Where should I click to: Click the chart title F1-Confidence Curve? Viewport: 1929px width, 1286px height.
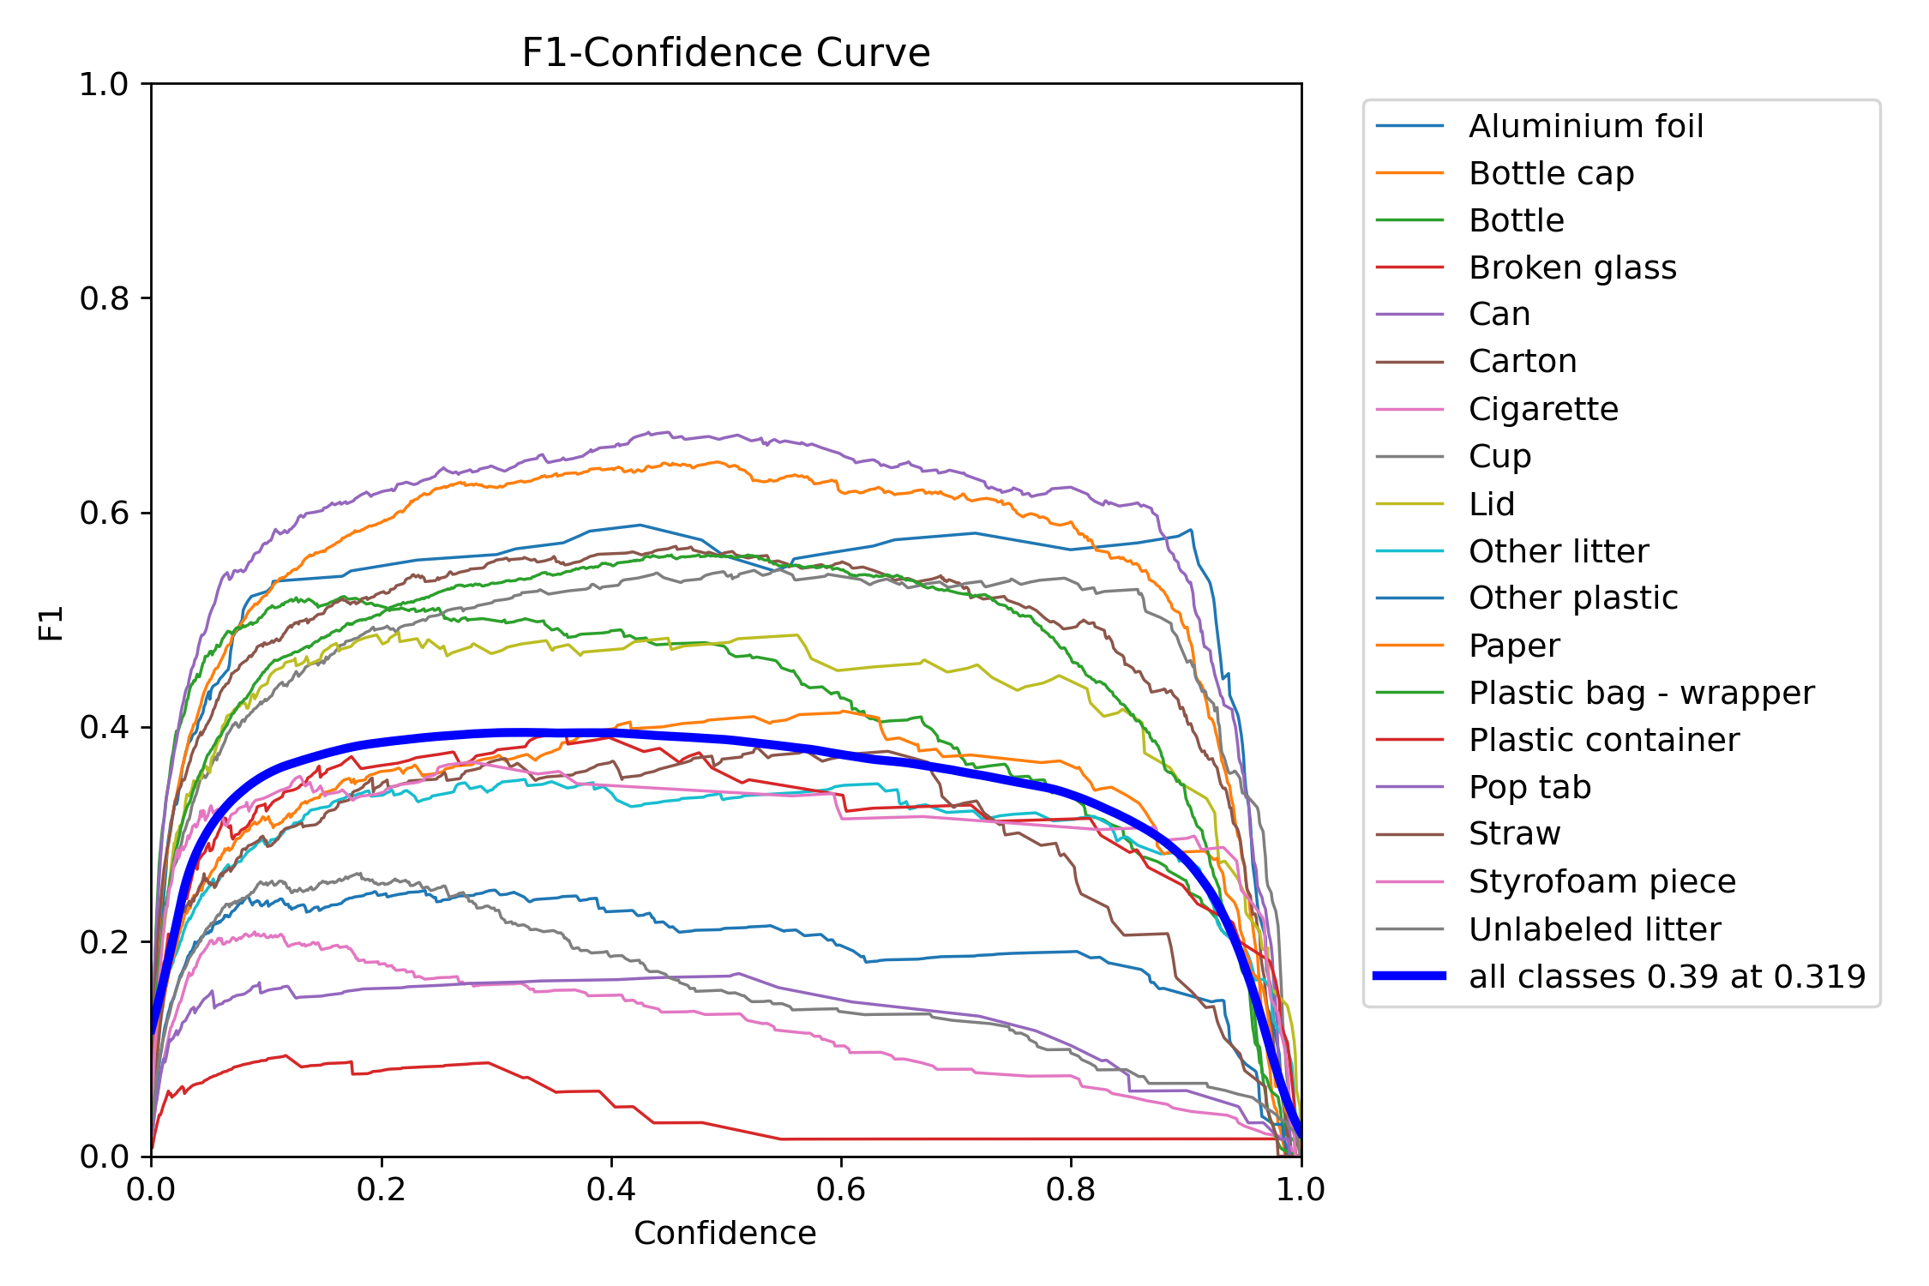(x=725, y=53)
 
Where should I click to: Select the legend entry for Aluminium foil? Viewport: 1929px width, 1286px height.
(x=1585, y=126)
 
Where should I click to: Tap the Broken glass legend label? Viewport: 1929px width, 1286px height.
(x=1572, y=267)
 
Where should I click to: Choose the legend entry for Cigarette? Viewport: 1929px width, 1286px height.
(x=1543, y=409)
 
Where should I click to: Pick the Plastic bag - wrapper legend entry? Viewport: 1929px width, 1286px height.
(x=1641, y=693)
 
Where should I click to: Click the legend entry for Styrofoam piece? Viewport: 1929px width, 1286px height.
(x=1601, y=881)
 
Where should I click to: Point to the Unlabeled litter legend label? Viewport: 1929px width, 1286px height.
(x=1595, y=929)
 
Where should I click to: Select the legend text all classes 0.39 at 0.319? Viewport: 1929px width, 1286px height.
(x=1667, y=977)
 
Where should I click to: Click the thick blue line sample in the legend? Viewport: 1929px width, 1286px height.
(x=1410, y=976)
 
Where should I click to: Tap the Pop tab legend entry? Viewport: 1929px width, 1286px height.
(x=1529, y=787)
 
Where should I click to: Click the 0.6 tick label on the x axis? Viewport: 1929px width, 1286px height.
(x=840, y=1189)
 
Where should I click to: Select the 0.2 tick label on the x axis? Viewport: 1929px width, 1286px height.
(x=381, y=1189)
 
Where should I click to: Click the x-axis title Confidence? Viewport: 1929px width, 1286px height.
(x=725, y=1233)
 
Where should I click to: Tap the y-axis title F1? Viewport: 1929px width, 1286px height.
(x=51, y=622)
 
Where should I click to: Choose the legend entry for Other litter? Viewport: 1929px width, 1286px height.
(x=1558, y=551)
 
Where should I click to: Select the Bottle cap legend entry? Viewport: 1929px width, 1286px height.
(x=1551, y=173)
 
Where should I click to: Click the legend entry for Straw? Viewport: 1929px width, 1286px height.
(x=1514, y=833)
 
